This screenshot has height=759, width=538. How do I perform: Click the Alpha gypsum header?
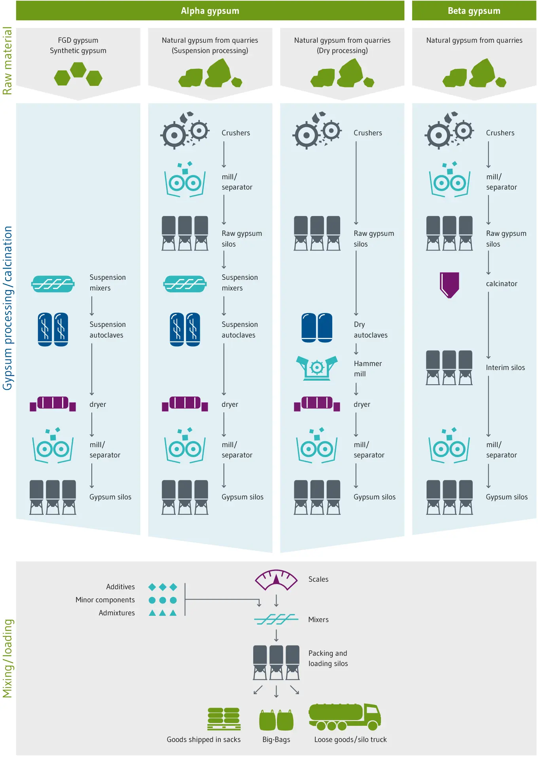tap(210, 11)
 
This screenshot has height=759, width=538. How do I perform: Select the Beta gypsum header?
tap(474, 11)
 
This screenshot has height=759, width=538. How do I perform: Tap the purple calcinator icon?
tap(449, 285)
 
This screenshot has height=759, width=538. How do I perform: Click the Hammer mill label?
tap(368, 368)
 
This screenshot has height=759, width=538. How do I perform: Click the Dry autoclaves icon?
tap(317, 328)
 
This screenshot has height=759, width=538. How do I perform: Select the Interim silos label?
tap(505, 368)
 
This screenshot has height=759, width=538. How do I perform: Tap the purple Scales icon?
tap(276, 580)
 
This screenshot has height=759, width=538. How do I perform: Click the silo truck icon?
tap(345, 717)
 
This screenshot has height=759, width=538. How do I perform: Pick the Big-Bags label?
tap(276, 739)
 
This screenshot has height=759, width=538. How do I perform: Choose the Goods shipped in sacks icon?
tap(224, 719)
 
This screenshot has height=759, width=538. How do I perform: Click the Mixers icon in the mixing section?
tap(276, 619)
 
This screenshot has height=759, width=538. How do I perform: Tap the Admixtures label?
tap(117, 613)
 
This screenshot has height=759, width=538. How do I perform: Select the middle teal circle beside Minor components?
tap(163, 600)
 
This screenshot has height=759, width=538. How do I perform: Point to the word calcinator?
tap(502, 284)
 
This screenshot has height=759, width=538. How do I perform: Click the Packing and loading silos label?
tap(328, 658)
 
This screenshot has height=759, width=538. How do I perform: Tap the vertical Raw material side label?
tap(7, 61)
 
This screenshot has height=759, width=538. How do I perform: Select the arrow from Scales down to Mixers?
tap(276, 600)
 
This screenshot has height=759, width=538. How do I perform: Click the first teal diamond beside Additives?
tap(152, 587)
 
